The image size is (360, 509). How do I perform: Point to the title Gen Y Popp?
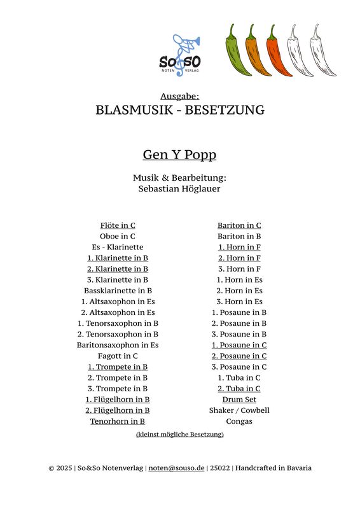tap(179, 155)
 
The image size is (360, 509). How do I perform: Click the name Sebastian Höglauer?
tap(179, 188)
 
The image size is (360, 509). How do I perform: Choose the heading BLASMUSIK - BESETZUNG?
tap(180, 109)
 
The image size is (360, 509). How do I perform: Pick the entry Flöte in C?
tap(118, 225)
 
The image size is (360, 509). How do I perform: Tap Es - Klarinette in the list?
tap(118, 247)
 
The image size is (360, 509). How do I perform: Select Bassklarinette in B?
tap(118, 291)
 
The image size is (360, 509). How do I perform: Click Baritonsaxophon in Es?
tap(118, 345)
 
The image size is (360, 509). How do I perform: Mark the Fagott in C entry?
tap(118, 356)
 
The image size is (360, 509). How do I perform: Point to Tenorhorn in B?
tap(118, 421)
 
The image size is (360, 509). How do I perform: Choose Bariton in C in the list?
tap(239, 225)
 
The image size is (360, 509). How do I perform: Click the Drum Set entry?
tap(239, 400)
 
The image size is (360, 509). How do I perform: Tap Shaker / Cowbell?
tap(239, 410)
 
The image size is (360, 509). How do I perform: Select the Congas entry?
tap(239, 421)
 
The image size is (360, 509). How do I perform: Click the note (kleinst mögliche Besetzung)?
tap(180, 435)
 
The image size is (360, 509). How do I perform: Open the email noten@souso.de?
tap(176, 468)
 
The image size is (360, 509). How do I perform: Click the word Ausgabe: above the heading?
tap(180, 95)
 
